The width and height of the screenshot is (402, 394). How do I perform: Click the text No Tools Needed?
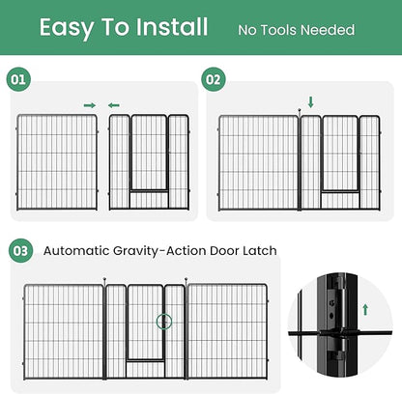pos(296,30)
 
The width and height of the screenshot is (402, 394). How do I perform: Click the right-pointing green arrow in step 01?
pos(90,104)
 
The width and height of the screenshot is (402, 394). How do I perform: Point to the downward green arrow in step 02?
pos(310,101)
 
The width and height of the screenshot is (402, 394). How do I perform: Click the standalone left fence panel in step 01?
pos(58,161)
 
